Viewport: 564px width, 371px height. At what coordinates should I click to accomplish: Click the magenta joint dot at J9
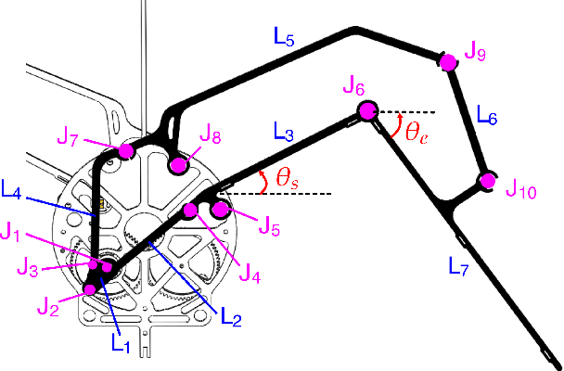coord(447,61)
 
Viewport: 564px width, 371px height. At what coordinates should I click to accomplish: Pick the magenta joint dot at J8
coord(178,166)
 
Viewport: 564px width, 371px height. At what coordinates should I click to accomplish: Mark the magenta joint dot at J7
coord(126,151)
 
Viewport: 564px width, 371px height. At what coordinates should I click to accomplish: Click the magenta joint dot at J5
coord(220,210)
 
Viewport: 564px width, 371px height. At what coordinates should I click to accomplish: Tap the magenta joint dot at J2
coord(90,288)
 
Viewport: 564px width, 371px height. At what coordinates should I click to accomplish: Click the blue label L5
coord(284,40)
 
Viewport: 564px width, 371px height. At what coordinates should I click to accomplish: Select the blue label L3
coord(284,130)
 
